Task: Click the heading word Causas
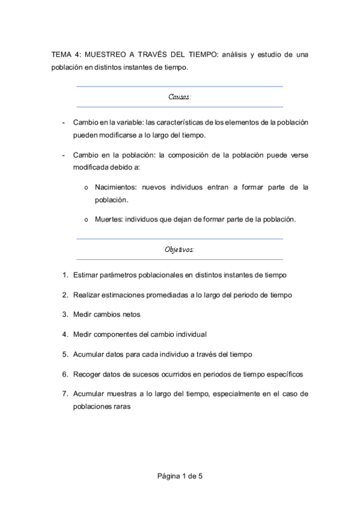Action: tap(180, 96)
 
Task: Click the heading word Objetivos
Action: tap(180, 249)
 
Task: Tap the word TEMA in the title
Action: tap(61, 54)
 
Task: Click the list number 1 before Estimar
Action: tap(65, 275)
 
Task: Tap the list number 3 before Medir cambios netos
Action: tap(65, 315)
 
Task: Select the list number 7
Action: tap(65, 393)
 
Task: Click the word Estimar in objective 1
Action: tap(87, 275)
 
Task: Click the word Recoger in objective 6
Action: tap(88, 373)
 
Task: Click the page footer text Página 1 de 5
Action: tap(180, 476)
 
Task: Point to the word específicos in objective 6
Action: tap(283, 373)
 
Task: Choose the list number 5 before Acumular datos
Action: tap(65, 354)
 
